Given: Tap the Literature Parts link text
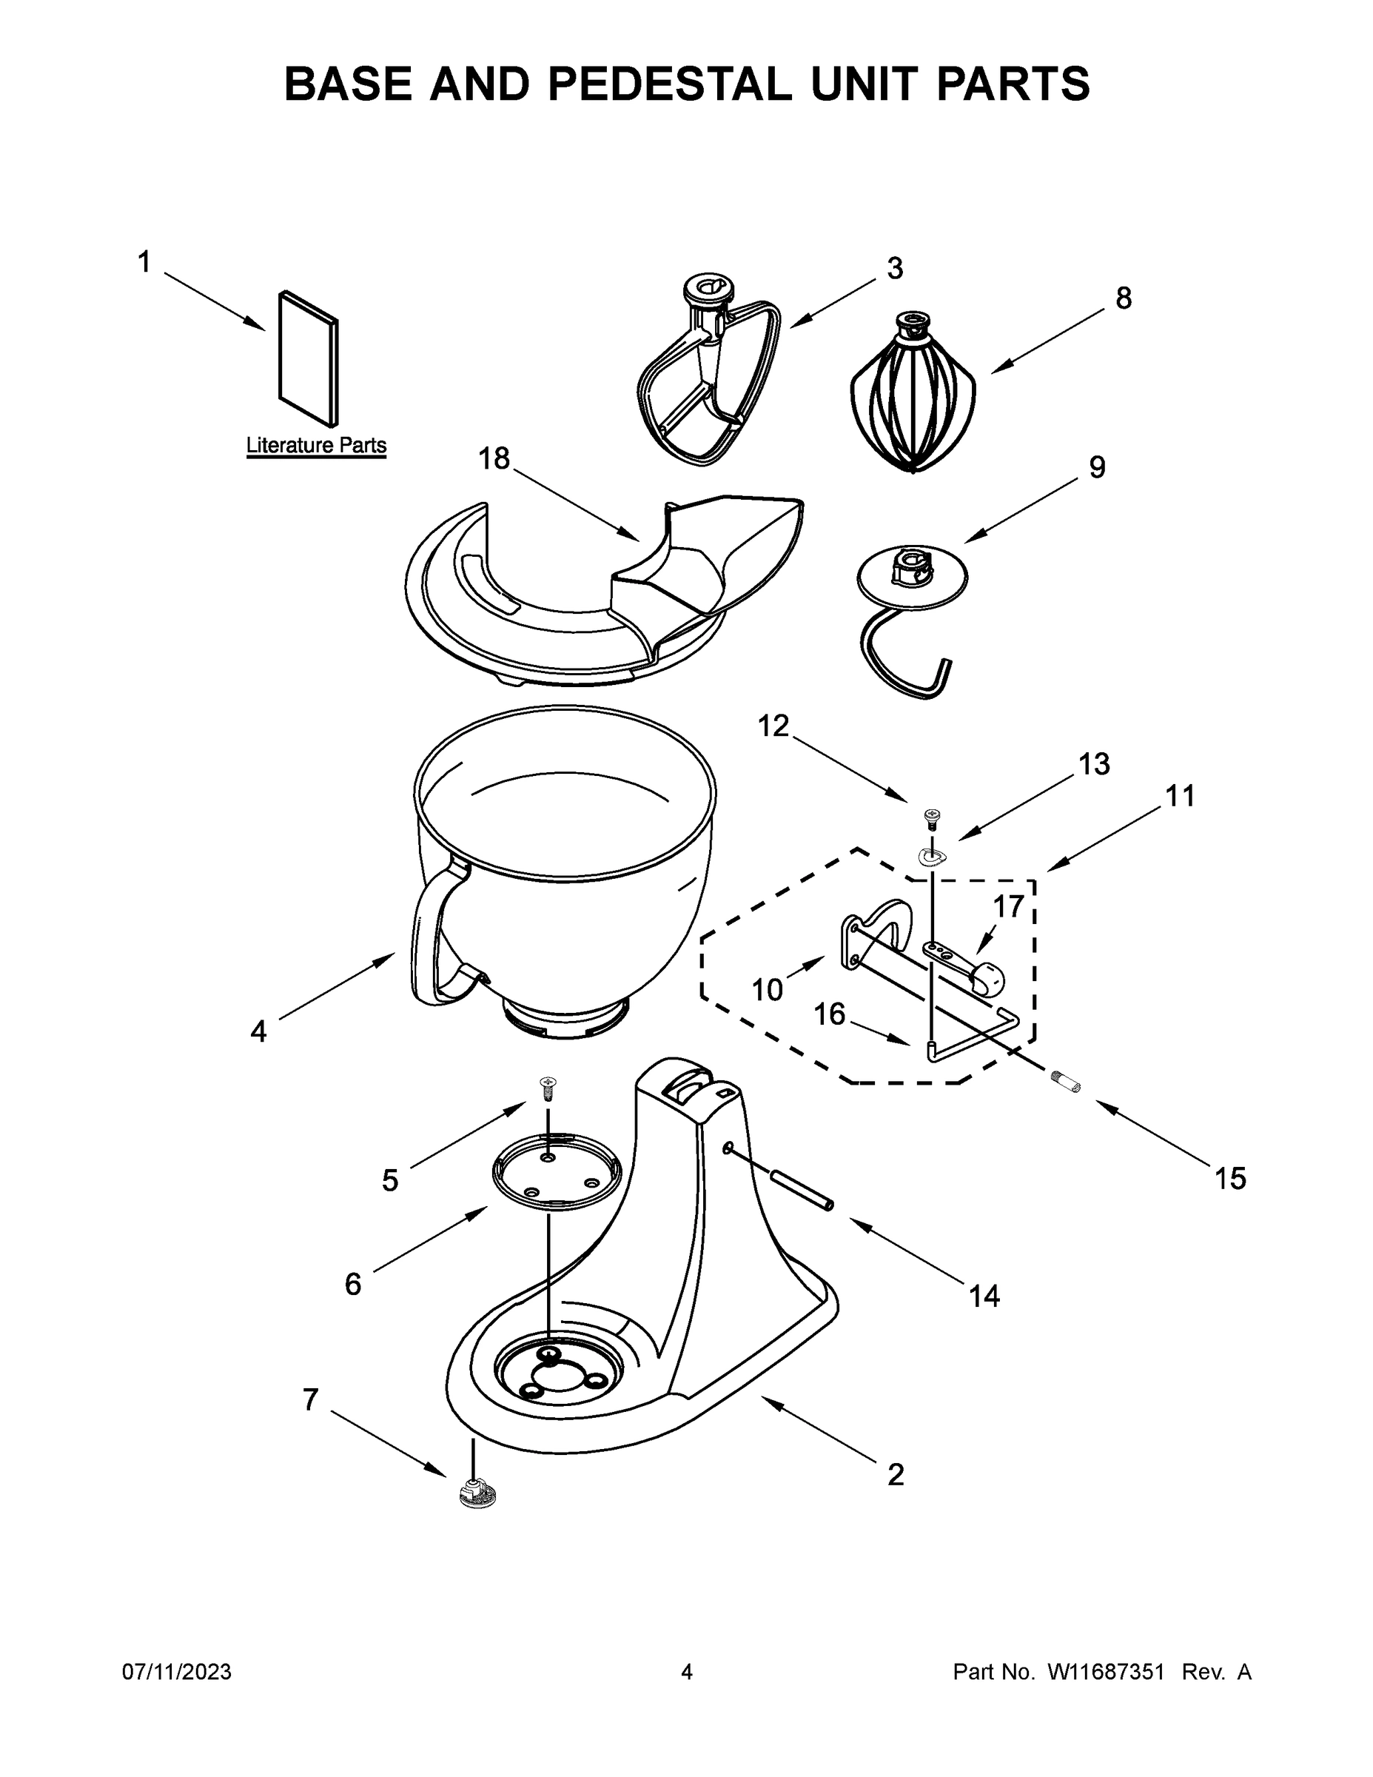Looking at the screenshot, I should coord(316,446).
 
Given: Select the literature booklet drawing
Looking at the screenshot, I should coord(307,358).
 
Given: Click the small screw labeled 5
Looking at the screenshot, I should coord(549,1087).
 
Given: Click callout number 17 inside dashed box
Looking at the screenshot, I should coord(1009,906).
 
